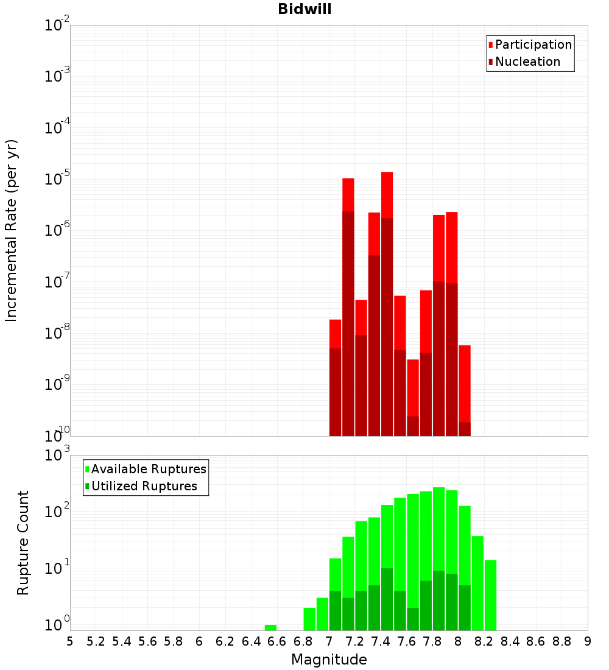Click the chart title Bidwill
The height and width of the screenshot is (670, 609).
(304, 9)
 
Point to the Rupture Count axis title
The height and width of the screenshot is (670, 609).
(23, 542)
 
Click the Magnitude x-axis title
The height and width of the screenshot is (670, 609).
(329, 660)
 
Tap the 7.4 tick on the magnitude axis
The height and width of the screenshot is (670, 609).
(381, 641)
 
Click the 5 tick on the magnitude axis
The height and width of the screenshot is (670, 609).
(70, 641)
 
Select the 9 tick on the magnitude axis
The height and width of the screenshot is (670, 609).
(588, 641)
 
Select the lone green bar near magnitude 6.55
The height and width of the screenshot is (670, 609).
(270, 627)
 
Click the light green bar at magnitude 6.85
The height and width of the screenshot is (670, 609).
(309, 619)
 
